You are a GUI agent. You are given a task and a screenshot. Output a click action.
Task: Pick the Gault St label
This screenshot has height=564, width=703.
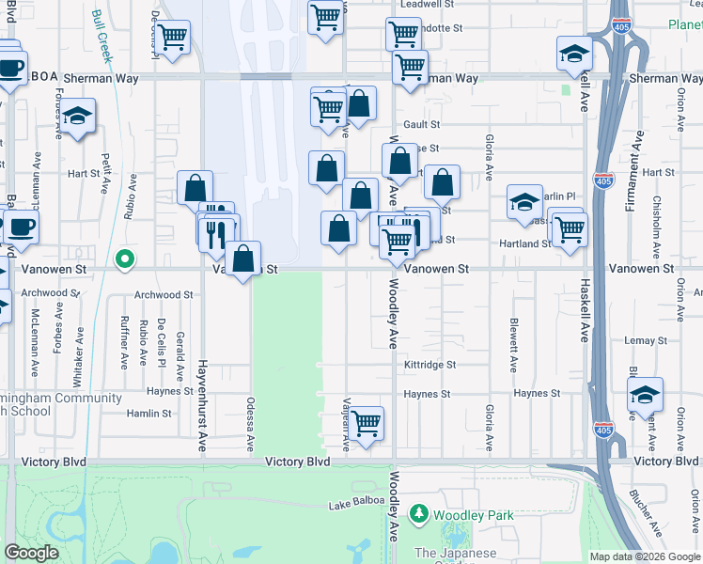[x=421, y=124]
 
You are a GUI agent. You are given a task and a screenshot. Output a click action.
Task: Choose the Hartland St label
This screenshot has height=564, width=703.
[x=524, y=243]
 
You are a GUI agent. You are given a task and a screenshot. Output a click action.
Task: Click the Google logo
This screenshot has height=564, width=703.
[x=31, y=553]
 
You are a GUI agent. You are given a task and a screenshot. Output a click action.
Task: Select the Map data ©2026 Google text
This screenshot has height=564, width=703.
[x=644, y=556]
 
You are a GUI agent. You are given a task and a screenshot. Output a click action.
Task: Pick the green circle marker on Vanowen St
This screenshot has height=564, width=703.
[x=123, y=258]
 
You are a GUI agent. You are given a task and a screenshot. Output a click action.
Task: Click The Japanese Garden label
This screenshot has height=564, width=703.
[x=455, y=554]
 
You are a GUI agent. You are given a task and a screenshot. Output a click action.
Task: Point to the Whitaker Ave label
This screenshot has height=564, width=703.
[x=80, y=347]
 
